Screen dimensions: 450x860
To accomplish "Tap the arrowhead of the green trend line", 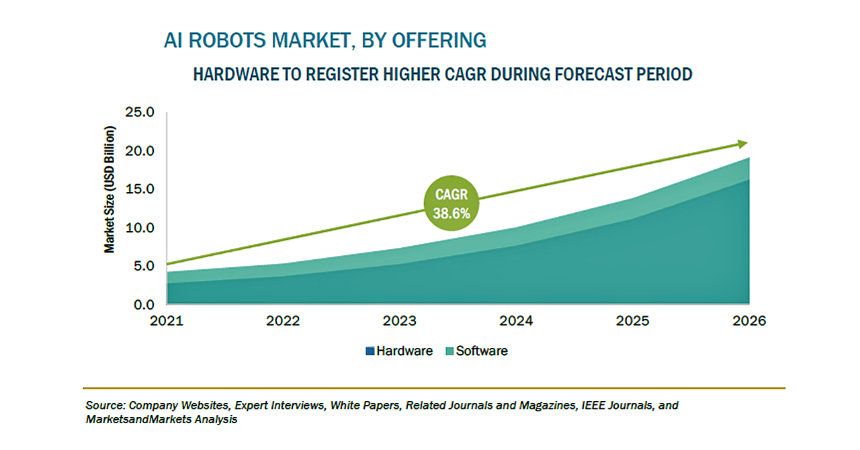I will [x=742, y=143].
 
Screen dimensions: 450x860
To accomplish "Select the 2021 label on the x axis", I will [x=166, y=320].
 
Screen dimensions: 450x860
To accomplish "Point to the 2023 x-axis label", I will [x=400, y=320].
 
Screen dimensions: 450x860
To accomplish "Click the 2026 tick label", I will [x=749, y=320].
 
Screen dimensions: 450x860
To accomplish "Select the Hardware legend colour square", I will [x=370, y=351].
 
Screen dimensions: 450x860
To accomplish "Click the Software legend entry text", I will [x=482, y=351].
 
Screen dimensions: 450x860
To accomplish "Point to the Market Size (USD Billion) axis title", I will [x=110, y=189].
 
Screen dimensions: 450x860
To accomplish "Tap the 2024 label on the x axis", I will [x=516, y=320].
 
